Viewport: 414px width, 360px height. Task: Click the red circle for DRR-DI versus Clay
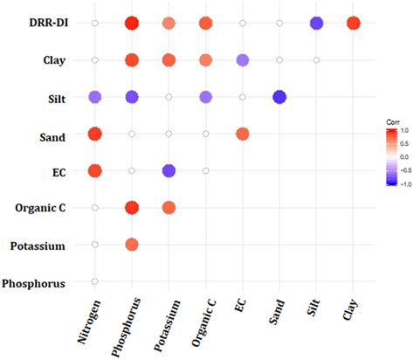coord(354,23)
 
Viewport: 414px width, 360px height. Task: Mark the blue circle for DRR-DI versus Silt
coord(317,23)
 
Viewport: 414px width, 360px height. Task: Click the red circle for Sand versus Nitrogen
coord(94,134)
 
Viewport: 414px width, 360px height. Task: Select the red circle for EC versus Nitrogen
coord(94,170)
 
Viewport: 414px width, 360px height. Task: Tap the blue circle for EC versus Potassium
coord(169,170)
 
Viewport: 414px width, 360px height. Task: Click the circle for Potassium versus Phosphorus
coord(132,245)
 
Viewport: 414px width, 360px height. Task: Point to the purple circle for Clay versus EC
coord(243,60)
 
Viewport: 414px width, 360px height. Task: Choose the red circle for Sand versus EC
coord(243,134)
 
